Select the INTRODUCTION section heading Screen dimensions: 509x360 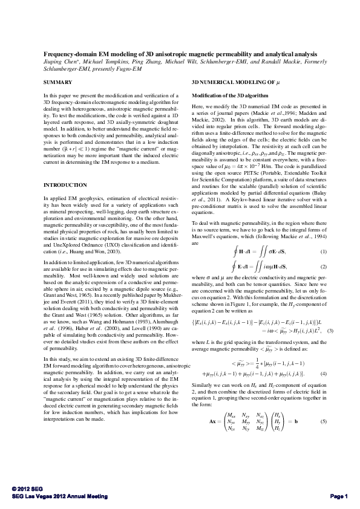(x=62, y=184)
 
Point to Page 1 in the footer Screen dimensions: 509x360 (x=338, y=496)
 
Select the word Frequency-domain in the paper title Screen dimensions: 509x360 (x=67, y=54)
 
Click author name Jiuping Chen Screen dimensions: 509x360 (x=59, y=62)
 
